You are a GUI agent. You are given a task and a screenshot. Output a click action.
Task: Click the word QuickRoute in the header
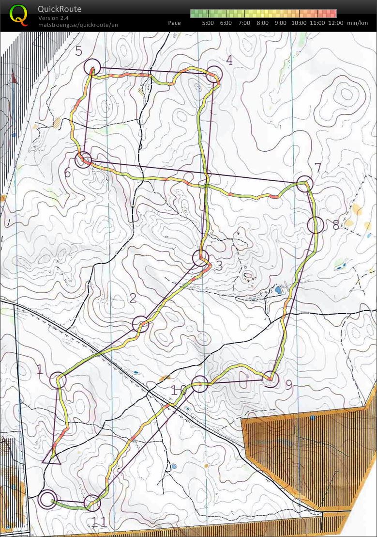click(x=60, y=9)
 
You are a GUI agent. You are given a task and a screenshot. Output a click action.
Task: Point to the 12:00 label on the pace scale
click(x=335, y=23)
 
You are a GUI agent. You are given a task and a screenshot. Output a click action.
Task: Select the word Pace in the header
click(x=174, y=23)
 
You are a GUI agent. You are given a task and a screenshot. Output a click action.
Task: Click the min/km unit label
click(x=358, y=23)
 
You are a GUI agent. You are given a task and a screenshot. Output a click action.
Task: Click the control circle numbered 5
click(x=91, y=66)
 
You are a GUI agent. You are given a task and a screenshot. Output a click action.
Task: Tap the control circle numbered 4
click(x=214, y=74)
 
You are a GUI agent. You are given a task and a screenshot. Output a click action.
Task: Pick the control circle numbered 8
click(x=315, y=225)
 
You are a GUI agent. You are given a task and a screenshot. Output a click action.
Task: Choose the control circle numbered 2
click(x=140, y=324)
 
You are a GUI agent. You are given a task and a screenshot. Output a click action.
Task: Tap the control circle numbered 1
click(x=58, y=380)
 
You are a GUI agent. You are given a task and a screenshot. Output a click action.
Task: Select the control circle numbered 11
click(x=92, y=503)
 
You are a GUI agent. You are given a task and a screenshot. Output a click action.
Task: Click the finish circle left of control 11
click(x=47, y=499)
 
